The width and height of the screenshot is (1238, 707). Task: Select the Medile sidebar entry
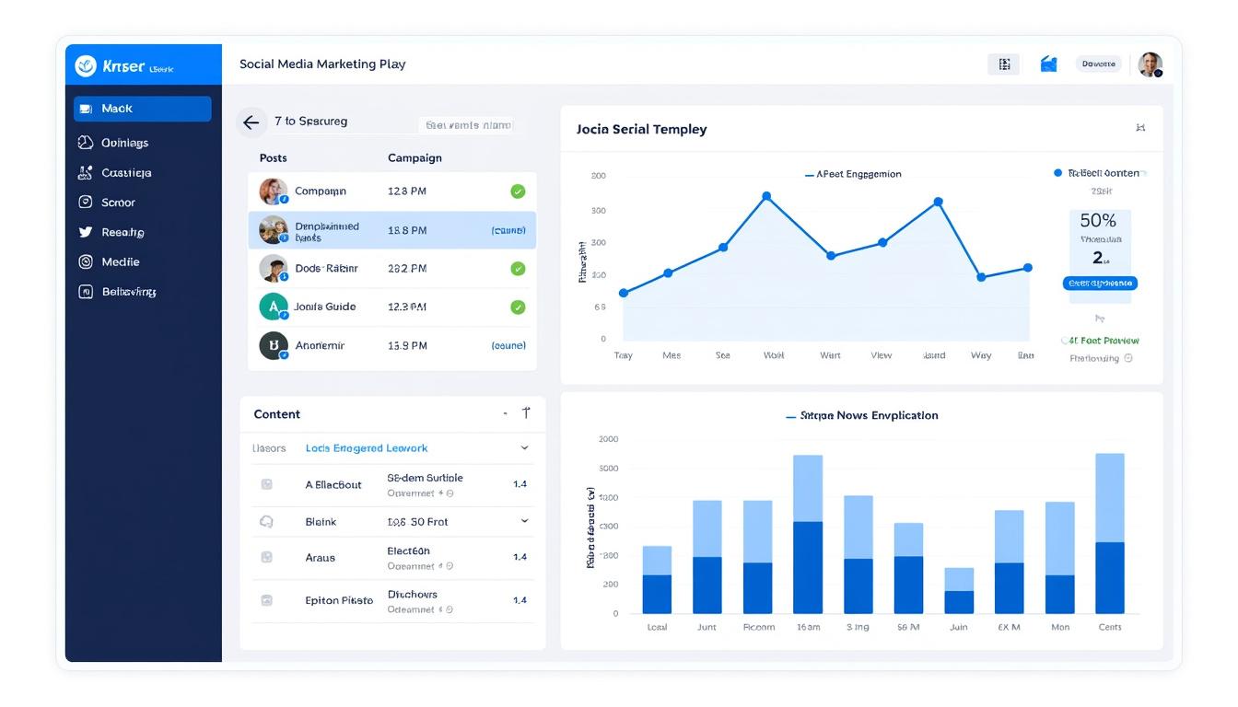coord(120,262)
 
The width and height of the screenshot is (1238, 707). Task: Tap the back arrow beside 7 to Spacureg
coord(251,122)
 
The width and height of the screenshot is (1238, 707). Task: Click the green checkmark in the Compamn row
coord(518,191)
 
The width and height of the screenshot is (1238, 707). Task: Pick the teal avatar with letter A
coord(273,307)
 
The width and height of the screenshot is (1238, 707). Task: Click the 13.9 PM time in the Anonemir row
coord(407,346)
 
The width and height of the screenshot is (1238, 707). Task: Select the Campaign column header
coord(415,158)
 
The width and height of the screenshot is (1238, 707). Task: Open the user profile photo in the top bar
coord(1150,64)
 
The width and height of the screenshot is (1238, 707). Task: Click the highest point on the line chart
coord(766,196)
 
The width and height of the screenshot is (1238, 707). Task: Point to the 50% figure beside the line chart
coord(1098,221)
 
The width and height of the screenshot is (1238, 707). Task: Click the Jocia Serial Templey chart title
coord(641,130)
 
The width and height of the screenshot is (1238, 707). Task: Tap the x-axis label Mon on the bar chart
coord(1060,627)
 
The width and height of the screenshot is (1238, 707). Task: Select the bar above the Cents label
coord(1110,534)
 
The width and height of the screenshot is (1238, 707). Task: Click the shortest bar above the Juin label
coord(959,591)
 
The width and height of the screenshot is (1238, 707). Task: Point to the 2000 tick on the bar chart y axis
coord(608,439)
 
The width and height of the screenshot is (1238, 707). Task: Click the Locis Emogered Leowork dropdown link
coord(367,448)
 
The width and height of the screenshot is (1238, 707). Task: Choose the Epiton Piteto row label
coord(339,600)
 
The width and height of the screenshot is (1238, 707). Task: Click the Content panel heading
coord(277,414)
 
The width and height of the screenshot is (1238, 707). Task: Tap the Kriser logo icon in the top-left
coord(86,65)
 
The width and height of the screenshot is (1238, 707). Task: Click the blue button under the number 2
coord(1100,284)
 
